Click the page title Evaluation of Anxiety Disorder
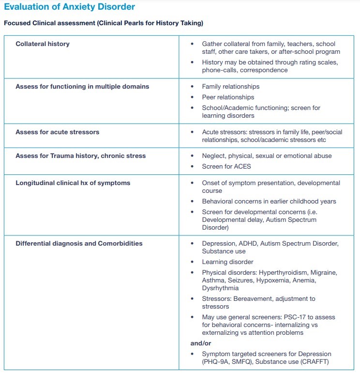tap(69, 7)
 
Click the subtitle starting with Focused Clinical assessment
tap(103, 23)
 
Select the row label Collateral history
tap(43, 44)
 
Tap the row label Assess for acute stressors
tap(57, 132)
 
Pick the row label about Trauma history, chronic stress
tap(80, 156)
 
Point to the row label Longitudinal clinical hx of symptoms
tap(73, 183)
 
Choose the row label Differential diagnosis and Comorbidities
tap(79, 243)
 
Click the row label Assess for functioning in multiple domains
tap(82, 86)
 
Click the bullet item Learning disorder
tap(227, 262)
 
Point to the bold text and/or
tap(200, 343)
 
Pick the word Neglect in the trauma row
tap(213, 156)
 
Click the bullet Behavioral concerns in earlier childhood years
tap(269, 201)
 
